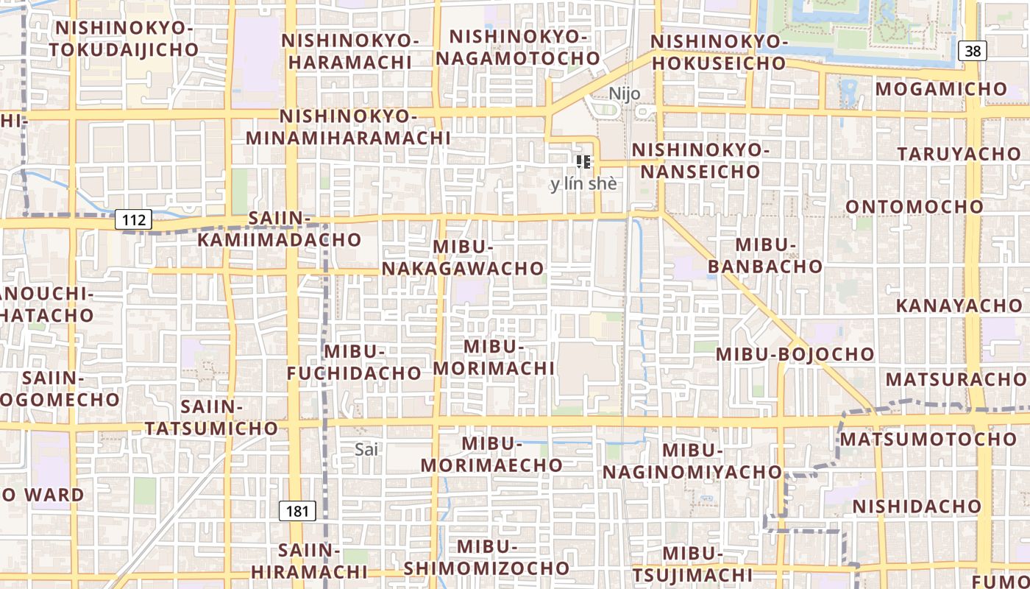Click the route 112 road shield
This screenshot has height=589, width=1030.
[x=133, y=219]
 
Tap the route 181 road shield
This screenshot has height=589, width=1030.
[x=297, y=511]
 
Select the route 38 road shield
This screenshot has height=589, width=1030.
[x=972, y=51]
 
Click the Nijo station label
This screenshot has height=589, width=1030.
[x=625, y=94]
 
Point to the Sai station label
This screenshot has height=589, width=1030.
[x=366, y=449]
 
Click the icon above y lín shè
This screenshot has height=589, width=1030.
[x=583, y=162]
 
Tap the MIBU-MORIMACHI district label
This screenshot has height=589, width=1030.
[x=494, y=357]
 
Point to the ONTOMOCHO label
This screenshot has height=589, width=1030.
[x=914, y=207]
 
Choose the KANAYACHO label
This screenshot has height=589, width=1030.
[x=959, y=305]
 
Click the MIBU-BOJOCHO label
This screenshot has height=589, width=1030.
[x=795, y=354]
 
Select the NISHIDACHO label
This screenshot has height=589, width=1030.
[x=917, y=507]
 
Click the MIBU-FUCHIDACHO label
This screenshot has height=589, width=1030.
[x=354, y=362]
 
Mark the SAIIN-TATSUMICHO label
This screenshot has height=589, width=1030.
[x=212, y=417]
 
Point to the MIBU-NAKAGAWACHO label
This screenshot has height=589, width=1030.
[x=463, y=258]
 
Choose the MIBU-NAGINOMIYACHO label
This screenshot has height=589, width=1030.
[x=692, y=461]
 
